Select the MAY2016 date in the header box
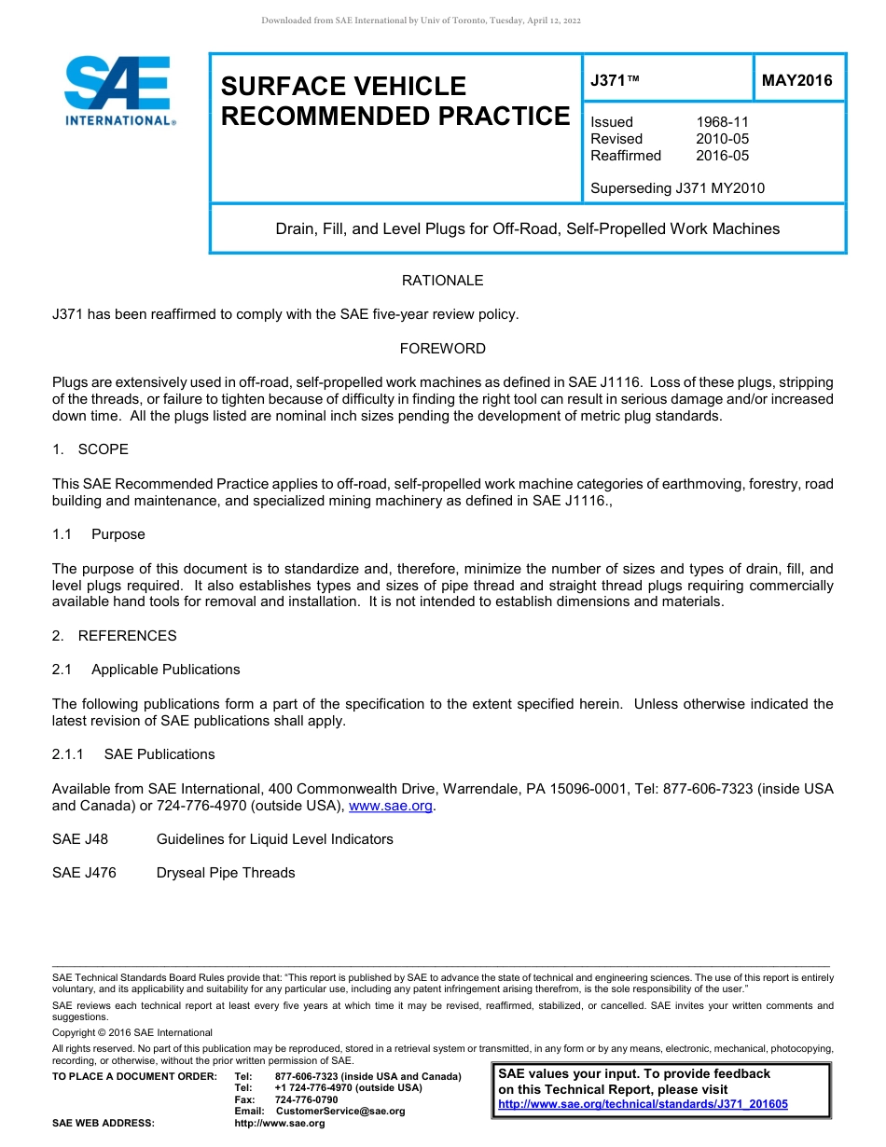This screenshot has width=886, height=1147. tap(796, 81)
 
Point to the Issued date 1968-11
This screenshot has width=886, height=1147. tap(722, 122)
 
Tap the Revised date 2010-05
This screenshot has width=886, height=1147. tap(722, 139)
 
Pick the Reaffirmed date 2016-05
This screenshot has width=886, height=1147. tap(722, 156)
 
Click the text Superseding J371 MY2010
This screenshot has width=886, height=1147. tap(677, 188)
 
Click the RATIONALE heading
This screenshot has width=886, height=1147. tap(442, 281)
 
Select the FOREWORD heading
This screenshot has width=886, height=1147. tap(442, 349)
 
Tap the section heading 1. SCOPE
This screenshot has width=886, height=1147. tap(90, 449)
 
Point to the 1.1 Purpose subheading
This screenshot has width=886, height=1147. tap(99, 534)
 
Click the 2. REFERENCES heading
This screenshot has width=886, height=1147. tap(114, 636)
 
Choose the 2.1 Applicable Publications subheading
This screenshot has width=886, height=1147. tap(146, 670)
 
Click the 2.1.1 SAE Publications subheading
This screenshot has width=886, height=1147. tap(133, 754)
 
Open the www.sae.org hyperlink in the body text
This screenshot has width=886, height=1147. tap(390, 806)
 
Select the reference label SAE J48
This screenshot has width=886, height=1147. tap(80, 839)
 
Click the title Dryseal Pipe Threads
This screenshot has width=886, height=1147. tap(226, 873)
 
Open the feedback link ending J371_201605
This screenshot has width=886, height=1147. tap(643, 1104)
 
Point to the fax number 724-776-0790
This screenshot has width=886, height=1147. tap(306, 1099)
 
